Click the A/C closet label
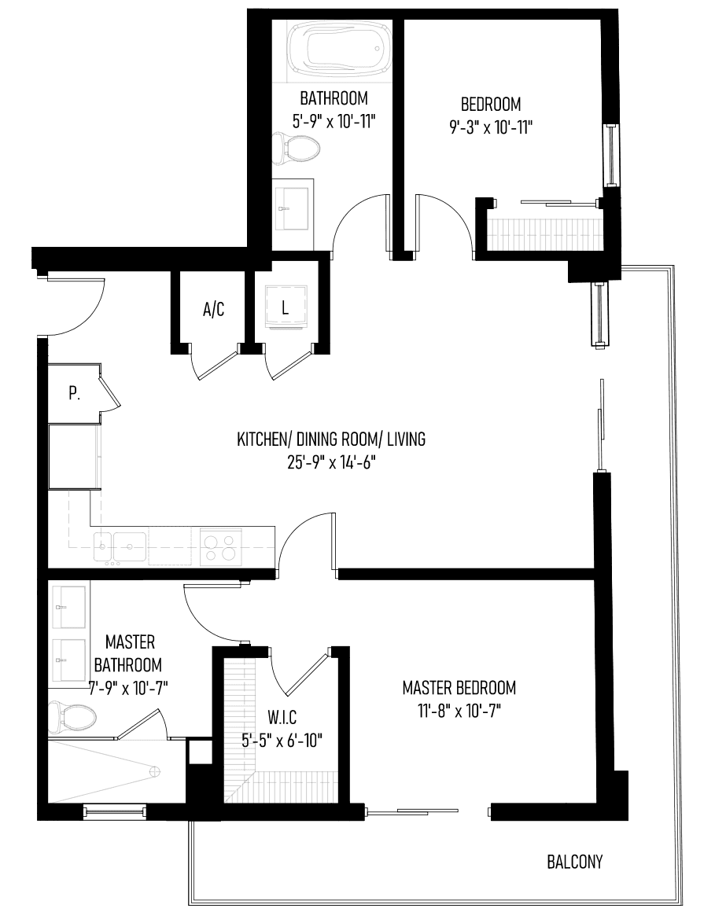[x=213, y=309]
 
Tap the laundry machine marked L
[x=286, y=307]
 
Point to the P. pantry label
[x=74, y=393]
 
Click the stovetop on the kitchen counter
[x=220, y=547]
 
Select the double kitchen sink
[x=120, y=547]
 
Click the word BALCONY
[x=575, y=862]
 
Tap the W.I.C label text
[x=282, y=717]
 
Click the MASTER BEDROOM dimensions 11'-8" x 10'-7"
[x=459, y=711]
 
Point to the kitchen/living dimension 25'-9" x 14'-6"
[x=332, y=462]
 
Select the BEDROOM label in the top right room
[x=491, y=105]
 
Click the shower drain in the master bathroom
[x=154, y=770]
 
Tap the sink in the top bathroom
[x=292, y=208]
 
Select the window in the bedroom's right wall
[x=610, y=155]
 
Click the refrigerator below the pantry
[x=74, y=456]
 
